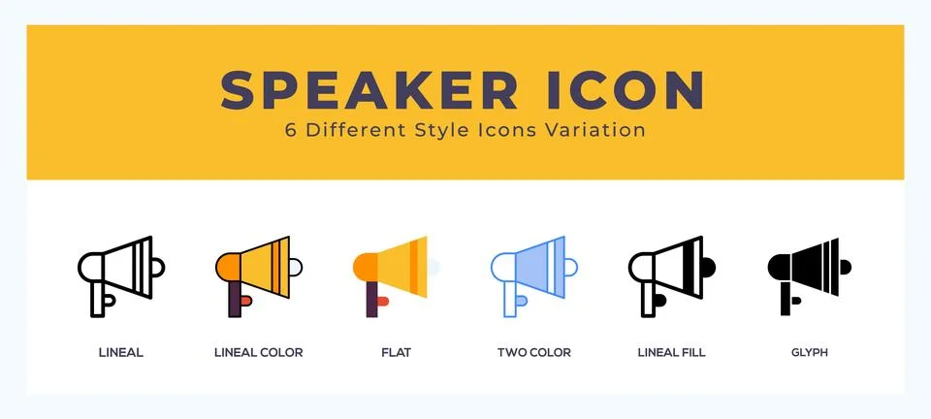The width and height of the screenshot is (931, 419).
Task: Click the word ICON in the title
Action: pos(621,89)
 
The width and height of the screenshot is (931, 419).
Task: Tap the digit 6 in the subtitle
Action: pos(290,130)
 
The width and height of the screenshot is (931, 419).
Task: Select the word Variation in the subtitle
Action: pos(600,130)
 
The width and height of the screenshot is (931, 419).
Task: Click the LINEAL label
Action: pos(121,352)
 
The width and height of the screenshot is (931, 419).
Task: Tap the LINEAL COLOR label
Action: pos(258,352)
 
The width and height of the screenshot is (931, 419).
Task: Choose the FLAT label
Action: pos(396,352)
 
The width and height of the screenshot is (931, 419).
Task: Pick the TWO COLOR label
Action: pos(533,352)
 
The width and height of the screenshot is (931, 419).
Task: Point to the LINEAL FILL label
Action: pos(671,352)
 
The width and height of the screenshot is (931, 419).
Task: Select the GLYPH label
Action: pos(808,352)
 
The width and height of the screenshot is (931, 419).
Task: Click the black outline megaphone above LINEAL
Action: pos(120,273)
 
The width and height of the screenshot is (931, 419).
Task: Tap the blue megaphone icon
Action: pos(533,273)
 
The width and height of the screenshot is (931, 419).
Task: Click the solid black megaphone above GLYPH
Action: pos(808,273)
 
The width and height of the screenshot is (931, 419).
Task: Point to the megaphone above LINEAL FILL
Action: pos(671,273)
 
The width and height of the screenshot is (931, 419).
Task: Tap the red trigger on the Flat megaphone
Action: pos(383,301)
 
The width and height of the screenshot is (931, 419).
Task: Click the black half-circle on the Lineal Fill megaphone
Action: pos(708,264)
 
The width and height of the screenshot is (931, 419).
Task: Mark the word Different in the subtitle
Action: pos(351,130)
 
